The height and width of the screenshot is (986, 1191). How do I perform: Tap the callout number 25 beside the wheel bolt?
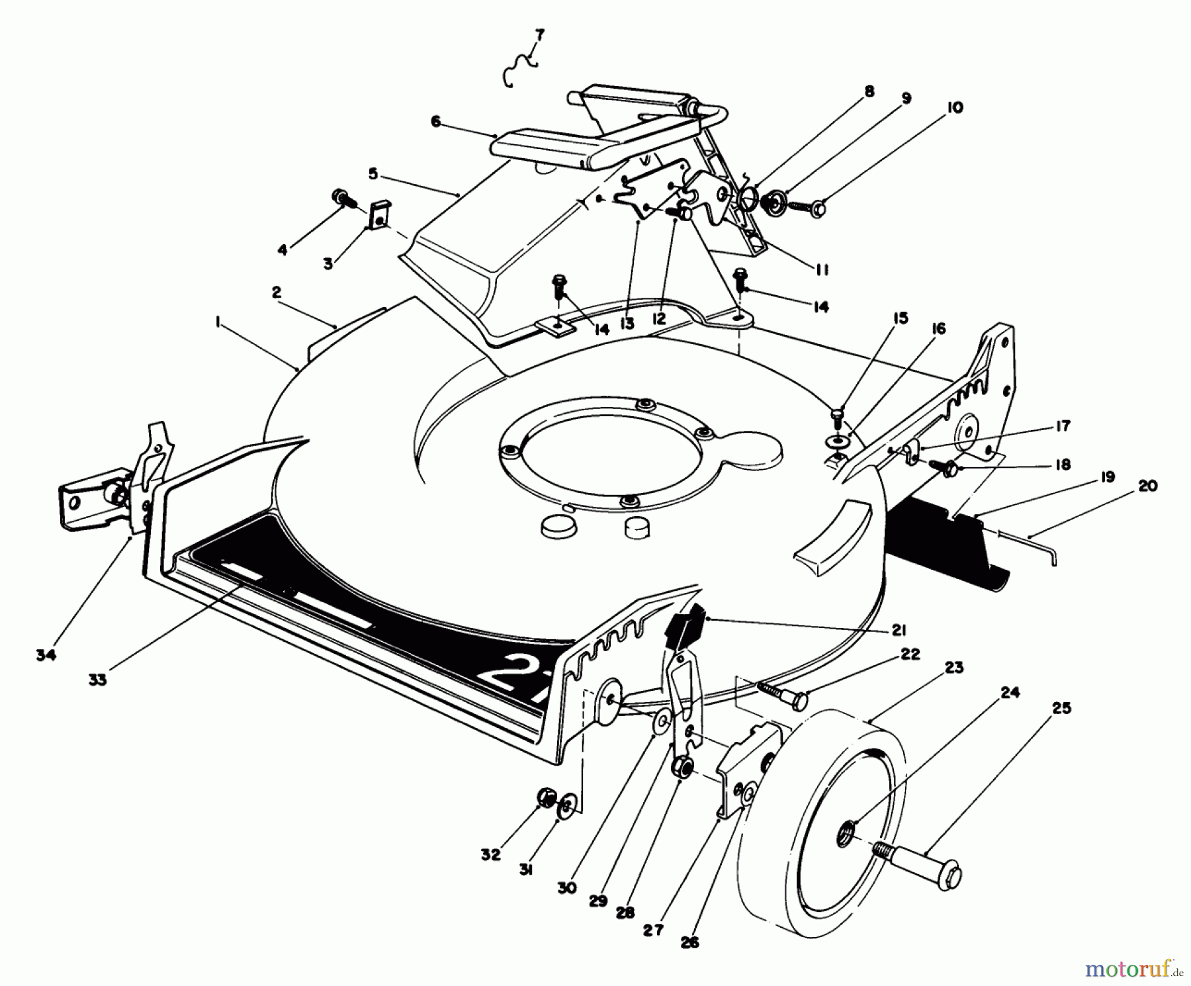pos(1061,708)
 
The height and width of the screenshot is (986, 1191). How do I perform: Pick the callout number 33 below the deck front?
pos(97,680)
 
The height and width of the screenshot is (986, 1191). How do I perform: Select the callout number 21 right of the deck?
pos(899,631)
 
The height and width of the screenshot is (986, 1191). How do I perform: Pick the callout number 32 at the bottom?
pos(491,855)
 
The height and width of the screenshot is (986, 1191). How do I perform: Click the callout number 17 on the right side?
pos(1063,426)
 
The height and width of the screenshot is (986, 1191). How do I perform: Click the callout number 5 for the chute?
pos(373,174)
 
